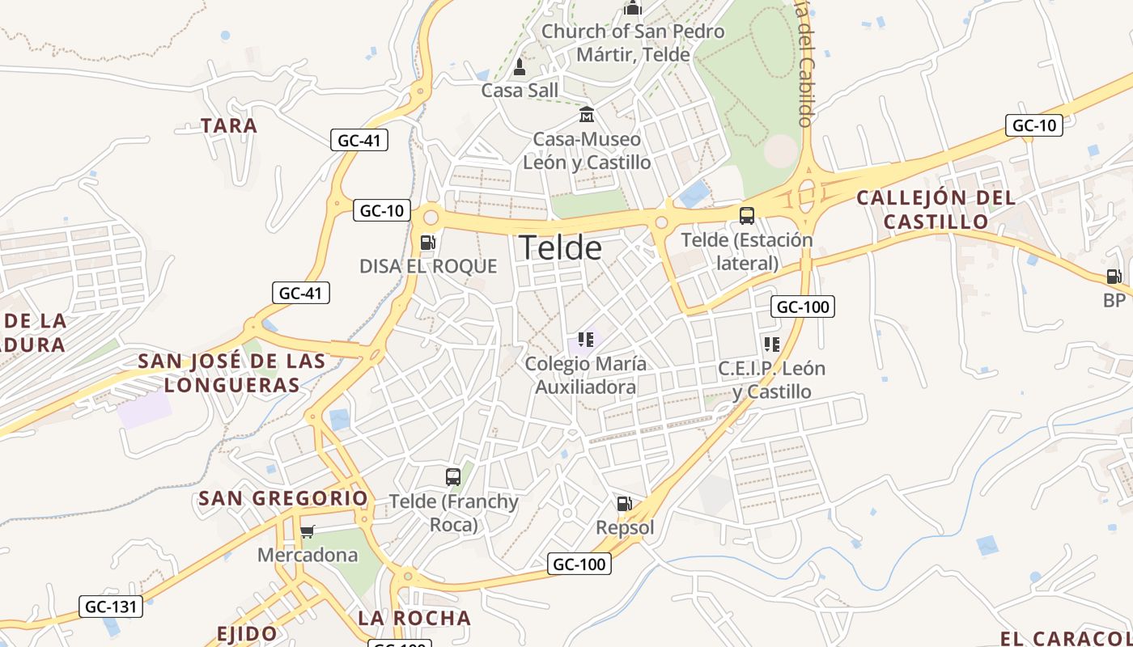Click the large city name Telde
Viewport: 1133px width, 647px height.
[x=560, y=247]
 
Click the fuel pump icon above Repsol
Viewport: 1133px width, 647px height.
[x=624, y=504]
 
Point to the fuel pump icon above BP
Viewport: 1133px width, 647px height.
[x=1114, y=277]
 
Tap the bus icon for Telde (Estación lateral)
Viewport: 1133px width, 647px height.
[x=746, y=216]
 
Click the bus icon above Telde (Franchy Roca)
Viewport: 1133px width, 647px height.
[x=453, y=477]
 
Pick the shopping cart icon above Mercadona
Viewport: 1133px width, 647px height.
[x=308, y=531]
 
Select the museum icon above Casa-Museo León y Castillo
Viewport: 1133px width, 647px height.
[x=587, y=115]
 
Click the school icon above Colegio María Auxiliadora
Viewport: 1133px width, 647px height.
[x=586, y=340]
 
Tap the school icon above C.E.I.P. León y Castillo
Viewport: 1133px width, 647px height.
[x=771, y=345]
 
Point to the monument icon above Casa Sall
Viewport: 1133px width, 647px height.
[x=520, y=67]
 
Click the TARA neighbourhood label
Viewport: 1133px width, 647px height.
[x=229, y=125]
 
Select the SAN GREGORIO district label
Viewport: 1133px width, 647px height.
[x=283, y=498]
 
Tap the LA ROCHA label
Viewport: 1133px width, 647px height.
[x=414, y=618]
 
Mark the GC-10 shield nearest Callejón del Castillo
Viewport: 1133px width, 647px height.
[x=1033, y=125]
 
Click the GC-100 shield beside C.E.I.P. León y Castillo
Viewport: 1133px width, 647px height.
[x=803, y=307]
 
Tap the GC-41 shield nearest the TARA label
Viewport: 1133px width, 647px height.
[x=359, y=140]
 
